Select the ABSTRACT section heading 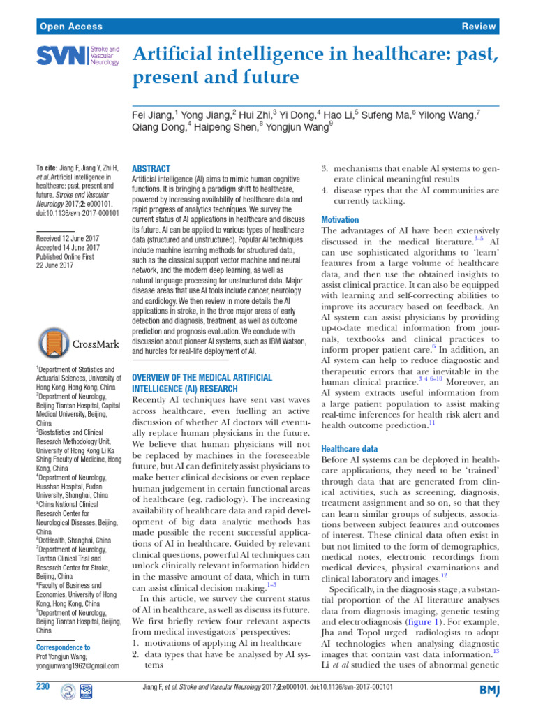point(151,169)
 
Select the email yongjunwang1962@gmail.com point(77,666)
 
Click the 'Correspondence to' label point(62,647)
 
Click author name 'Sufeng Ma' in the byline point(390,114)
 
